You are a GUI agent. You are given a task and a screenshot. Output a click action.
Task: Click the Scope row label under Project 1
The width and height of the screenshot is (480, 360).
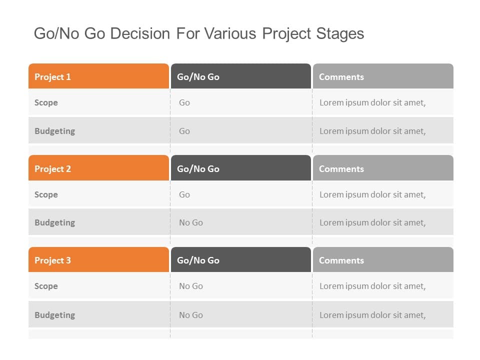point(46,102)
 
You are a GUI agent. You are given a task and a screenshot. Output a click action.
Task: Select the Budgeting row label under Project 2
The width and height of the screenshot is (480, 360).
point(54,222)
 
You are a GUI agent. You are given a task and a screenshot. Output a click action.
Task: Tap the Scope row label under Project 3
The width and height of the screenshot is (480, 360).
point(46,286)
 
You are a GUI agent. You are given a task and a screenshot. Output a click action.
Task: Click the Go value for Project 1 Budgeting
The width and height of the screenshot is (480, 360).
point(184,131)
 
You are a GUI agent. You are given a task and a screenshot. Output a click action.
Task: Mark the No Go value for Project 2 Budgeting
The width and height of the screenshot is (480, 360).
point(191,222)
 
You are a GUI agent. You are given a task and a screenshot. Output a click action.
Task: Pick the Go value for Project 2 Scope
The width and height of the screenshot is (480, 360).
point(184,194)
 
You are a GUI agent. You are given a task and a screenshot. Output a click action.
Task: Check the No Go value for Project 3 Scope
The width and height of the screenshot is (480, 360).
point(191,286)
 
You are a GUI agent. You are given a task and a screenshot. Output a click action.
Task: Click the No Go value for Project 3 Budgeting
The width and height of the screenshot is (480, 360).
point(191,315)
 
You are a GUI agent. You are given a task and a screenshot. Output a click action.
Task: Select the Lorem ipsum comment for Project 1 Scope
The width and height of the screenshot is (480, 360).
point(372,102)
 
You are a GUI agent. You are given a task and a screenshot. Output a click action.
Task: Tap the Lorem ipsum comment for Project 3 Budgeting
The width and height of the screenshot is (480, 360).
point(372,315)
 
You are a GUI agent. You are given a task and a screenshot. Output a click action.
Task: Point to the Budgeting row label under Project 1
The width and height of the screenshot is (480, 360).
point(54,131)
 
